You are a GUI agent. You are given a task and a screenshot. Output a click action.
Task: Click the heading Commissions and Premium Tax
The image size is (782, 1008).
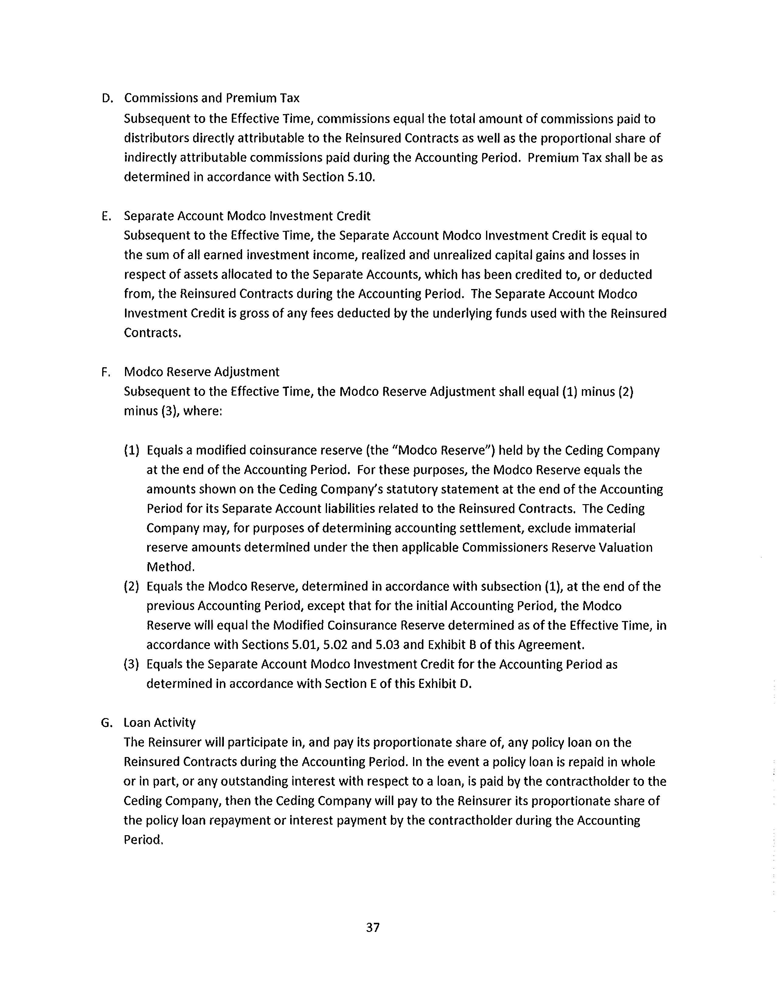point(212,98)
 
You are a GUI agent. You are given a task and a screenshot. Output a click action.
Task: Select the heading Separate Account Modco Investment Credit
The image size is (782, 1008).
point(247,216)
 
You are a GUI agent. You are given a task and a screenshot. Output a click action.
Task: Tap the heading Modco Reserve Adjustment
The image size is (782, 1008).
point(202,372)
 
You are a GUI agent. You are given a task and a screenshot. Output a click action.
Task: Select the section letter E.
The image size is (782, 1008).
point(106,216)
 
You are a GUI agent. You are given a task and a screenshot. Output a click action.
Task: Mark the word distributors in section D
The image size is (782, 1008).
point(156,138)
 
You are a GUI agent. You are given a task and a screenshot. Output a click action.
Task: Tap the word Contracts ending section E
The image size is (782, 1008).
point(152,333)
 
